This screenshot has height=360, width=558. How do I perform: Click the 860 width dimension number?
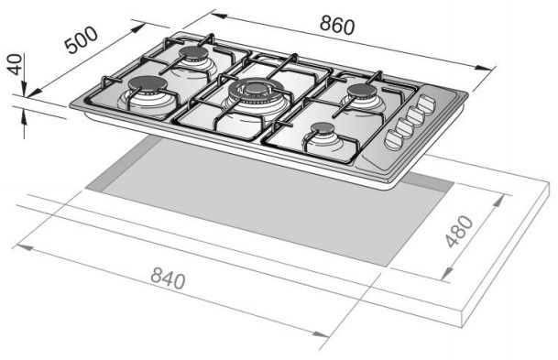(x=337, y=25)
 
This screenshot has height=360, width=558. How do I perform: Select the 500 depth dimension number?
(x=81, y=39)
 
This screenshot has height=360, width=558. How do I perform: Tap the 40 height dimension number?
(x=15, y=64)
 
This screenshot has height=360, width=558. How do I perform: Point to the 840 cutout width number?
(x=168, y=278)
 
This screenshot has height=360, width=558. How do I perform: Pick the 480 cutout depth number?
(x=459, y=231)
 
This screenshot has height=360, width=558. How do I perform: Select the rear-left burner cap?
(x=193, y=53)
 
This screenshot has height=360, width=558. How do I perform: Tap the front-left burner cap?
(x=148, y=83)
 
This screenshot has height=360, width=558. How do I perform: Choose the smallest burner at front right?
(x=323, y=128)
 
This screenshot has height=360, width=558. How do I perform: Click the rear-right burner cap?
(x=362, y=91)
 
